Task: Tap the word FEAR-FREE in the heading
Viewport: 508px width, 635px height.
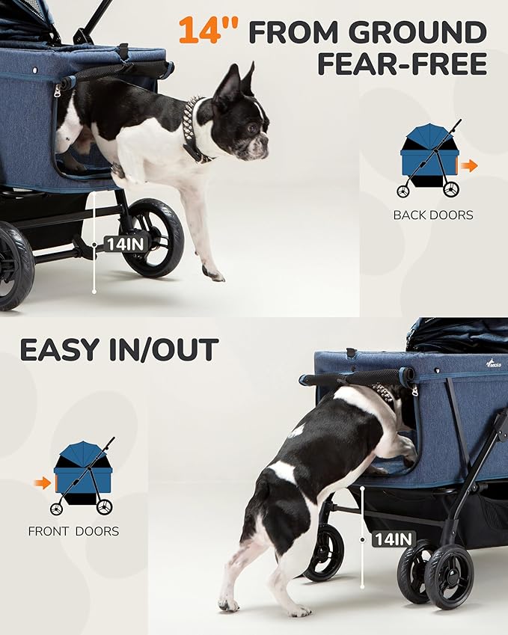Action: click(402, 65)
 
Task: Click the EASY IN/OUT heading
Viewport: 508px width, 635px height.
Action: click(119, 350)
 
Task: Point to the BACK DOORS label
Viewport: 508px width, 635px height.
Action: click(433, 215)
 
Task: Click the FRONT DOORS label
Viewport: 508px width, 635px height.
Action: click(73, 532)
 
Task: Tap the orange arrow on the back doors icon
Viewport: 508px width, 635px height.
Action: click(468, 165)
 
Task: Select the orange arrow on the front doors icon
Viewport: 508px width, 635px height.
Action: click(43, 482)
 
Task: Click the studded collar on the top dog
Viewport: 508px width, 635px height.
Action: click(193, 127)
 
